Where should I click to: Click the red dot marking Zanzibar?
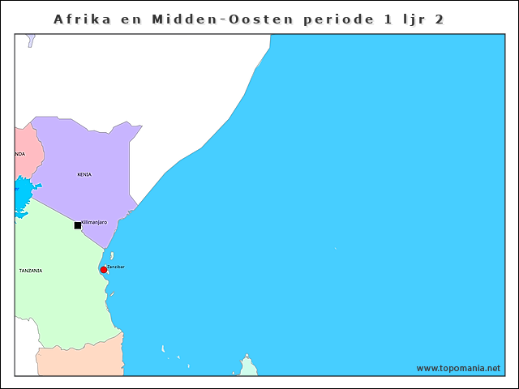(x=104, y=270)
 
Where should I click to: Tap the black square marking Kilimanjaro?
(x=78, y=225)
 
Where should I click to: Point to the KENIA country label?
(x=84, y=174)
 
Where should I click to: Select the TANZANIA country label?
(x=31, y=271)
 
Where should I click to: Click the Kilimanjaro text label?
(x=94, y=222)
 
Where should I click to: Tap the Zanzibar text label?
(x=116, y=267)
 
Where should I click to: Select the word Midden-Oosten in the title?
(x=209, y=19)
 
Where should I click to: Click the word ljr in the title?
(x=406, y=19)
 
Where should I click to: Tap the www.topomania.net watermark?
(x=458, y=368)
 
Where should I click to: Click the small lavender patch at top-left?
(x=31, y=40)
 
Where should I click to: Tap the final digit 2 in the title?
(x=440, y=19)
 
